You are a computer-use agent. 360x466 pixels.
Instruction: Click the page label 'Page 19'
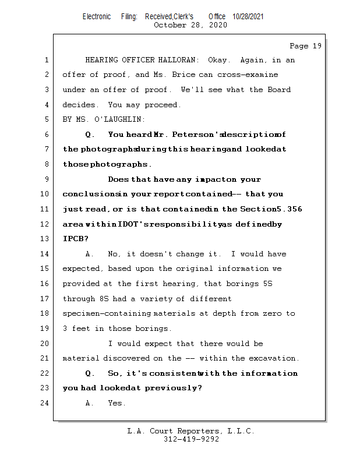click(305, 46)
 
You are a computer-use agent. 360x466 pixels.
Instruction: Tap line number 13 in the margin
click(45, 239)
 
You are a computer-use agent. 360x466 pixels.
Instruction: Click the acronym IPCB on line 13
click(74, 239)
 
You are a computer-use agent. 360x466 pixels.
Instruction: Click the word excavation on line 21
click(274, 358)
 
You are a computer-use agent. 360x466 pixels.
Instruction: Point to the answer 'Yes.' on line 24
click(117, 403)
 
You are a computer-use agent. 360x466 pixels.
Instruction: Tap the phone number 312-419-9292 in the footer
click(191, 440)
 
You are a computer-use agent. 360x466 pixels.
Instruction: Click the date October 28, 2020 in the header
click(190, 25)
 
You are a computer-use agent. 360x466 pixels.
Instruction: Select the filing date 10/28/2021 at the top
click(248, 17)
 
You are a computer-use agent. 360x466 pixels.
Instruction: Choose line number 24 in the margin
click(45, 403)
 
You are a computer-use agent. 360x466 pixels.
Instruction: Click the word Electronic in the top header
click(97, 17)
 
